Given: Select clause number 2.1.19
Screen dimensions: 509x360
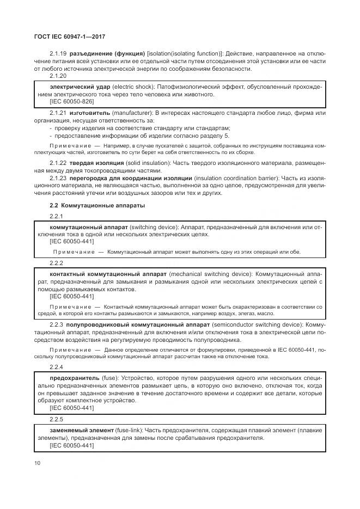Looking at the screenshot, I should [58, 53].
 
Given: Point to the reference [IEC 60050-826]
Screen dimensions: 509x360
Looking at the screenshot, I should [71, 102].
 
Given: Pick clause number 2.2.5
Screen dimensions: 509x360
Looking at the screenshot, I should [56, 420].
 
